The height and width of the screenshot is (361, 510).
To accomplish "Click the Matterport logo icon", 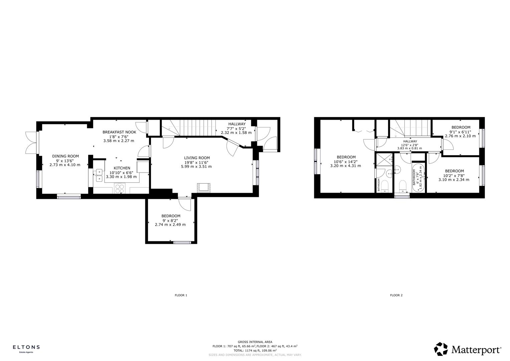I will tap(441, 349).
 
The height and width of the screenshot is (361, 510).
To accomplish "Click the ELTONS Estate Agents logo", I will tap(26, 349).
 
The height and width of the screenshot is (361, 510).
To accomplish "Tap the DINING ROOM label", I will tap(65, 156).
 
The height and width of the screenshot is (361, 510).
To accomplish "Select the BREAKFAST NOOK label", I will tap(119, 132).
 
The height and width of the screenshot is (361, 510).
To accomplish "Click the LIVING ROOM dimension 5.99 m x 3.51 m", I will tap(196, 166).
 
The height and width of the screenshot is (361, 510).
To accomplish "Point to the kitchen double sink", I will tap(99, 175).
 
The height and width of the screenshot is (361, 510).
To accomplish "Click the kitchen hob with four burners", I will tap(120, 189).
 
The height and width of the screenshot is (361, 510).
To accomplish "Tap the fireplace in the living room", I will tap(203, 188).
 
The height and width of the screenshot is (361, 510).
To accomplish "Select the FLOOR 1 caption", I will tap(181, 295).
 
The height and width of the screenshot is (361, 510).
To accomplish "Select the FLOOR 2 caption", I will tap(396, 295).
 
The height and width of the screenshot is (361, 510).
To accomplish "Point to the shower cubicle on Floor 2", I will tap(384, 159).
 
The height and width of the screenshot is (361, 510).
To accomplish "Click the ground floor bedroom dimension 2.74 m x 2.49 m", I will tap(170, 225).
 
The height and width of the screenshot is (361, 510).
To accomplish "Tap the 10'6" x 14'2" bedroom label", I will tap(346, 157).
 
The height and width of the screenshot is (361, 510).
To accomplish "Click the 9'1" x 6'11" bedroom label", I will tap(461, 127).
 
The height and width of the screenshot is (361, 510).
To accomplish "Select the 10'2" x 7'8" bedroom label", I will tap(454, 171).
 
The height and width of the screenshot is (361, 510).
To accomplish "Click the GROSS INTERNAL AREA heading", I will tap(255, 342).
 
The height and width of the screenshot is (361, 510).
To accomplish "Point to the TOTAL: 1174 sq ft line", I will tap(255, 351).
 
